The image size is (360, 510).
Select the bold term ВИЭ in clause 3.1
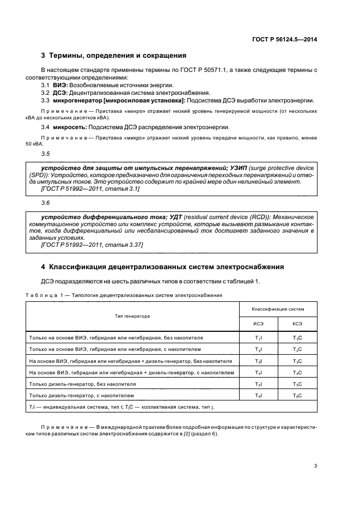pos(59,86)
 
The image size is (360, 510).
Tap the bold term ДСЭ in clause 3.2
pos(60,93)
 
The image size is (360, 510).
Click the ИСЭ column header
pos(258,324)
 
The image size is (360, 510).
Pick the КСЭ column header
pos(297,324)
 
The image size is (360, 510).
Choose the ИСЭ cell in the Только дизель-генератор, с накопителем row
pos(258,395)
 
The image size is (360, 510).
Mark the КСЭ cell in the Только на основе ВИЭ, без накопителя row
pos(297,338)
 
